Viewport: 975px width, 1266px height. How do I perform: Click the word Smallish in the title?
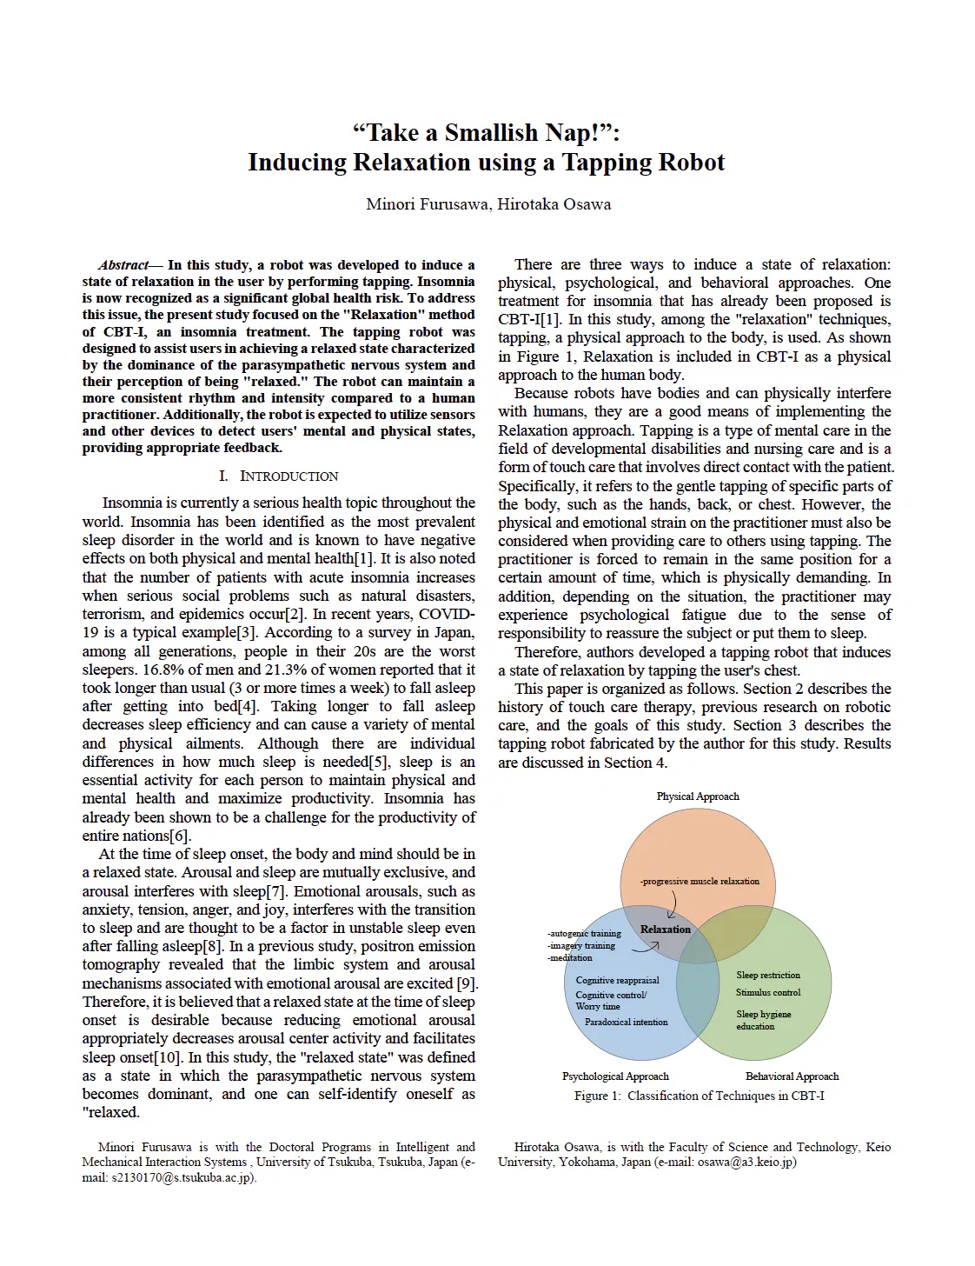click(x=491, y=133)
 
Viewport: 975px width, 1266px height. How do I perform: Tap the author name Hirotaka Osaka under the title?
click(x=554, y=204)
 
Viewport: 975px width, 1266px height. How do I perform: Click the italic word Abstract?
click(x=123, y=265)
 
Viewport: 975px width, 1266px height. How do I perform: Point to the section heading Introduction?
click(x=279, y=476)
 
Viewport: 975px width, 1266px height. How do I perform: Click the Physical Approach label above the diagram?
click(x=698, y=796)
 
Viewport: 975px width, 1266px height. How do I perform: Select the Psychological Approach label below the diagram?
click(x=615, y=1076)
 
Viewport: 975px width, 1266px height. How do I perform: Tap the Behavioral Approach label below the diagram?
click(x=792, y=1076)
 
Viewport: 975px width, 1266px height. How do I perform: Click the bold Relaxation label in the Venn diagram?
click(x=666, y=930)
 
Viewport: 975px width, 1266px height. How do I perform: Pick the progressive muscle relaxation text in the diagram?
click(x=700, y=882)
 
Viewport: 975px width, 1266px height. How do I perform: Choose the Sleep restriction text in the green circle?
click(x=768, y=976)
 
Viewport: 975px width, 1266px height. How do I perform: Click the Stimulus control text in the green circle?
click(x=768, y=993)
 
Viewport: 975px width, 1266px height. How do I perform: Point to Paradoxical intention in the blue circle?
click(x=627, y=1023)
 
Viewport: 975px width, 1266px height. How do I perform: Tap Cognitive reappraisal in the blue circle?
click(x=617, y=981)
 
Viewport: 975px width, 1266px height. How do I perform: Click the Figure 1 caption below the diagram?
click(x=699, y=1096)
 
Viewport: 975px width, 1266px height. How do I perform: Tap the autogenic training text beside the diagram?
click(x=584, y=934)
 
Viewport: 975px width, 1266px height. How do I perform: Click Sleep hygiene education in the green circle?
click(x=763, y=1021)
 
